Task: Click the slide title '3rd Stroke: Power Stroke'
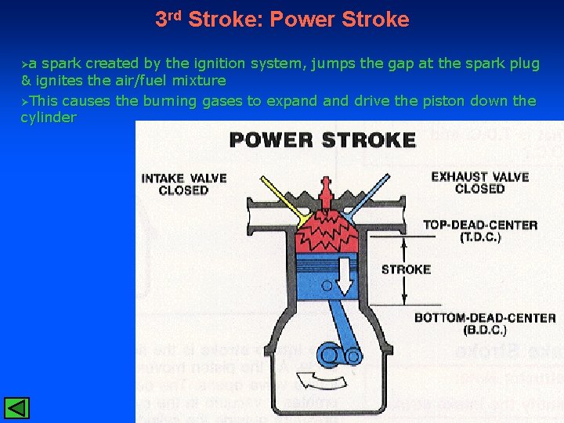pyautogui.click(x=282, y=19)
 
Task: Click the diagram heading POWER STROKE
pyautogui.click(x=322, y=140)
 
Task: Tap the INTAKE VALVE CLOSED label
pyautogui.click(x=183, y=184)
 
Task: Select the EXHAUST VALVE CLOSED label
pyautogui.click(x=479, y=183)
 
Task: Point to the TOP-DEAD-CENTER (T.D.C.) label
pyautogui.click(x=480, y=230)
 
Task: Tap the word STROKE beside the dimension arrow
pyautogui.click(x=406, y=269)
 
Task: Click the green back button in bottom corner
pyautogui.click(x=16, y=408)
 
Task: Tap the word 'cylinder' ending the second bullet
pyautogui.click(x=49, y=117)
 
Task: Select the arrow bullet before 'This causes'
pyautogui.click(x=25, y=101)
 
